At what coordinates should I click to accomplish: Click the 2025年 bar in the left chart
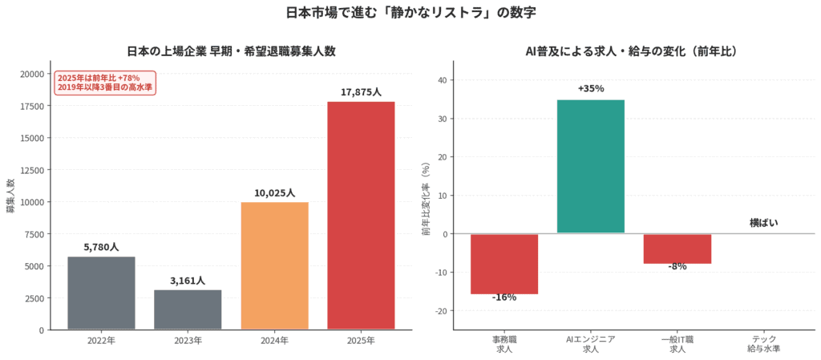click(x=361, y=216)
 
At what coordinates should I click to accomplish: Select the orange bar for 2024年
click(x=274, y=266)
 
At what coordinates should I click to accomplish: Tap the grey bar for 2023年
click(x=188, y=309)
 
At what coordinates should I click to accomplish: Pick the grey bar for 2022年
click(x=101, y=293)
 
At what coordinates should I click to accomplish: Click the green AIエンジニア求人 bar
click(x=591, y=167)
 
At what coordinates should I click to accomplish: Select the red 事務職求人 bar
click(x=504, y=264)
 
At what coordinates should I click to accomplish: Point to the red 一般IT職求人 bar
click(x=677, y=249)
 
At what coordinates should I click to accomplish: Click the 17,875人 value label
click(x=361, y=92)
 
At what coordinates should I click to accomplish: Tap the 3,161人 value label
click(x=188, y=281)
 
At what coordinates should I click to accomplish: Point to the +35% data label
click(x=591, y=88)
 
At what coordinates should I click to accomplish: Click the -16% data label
click(x=504, y=297)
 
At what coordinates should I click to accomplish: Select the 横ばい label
click(x=764, y=223)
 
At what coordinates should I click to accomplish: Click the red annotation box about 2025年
click(x=105, y=83)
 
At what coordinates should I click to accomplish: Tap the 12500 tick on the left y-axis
click(x=32, y=169)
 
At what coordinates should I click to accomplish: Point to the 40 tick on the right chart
click(x=443, y=80)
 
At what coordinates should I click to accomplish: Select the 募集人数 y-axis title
click(x=10, y=195)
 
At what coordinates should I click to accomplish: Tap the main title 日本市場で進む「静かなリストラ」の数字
click(x=410, y=13)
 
